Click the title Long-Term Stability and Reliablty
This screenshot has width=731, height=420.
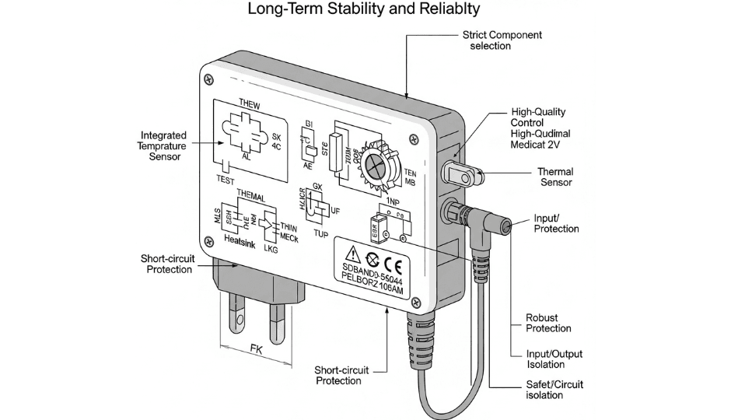pyautogui.click(x=365, y=10)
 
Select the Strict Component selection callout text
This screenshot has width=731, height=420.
pyautogui.click(x=502, y=40)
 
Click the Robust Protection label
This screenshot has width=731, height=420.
pyautogui.click(x=548, y=323)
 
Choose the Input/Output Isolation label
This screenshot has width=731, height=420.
pyautogui.click(x=554, y=359)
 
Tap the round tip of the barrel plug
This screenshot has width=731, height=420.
pyautogui.click(x=506, y=226)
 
